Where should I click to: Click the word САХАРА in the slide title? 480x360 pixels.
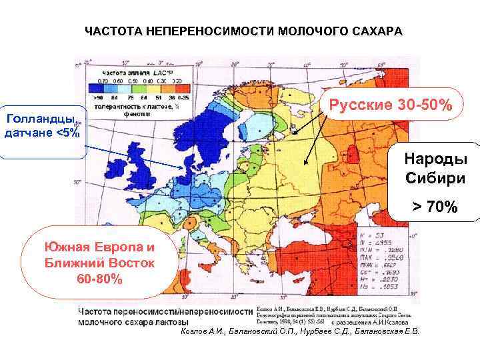click(x=376, y=31)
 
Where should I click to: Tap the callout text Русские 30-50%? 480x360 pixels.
click(x=389, y=106)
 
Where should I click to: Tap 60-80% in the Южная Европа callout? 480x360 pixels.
click(x=100, y=278)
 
